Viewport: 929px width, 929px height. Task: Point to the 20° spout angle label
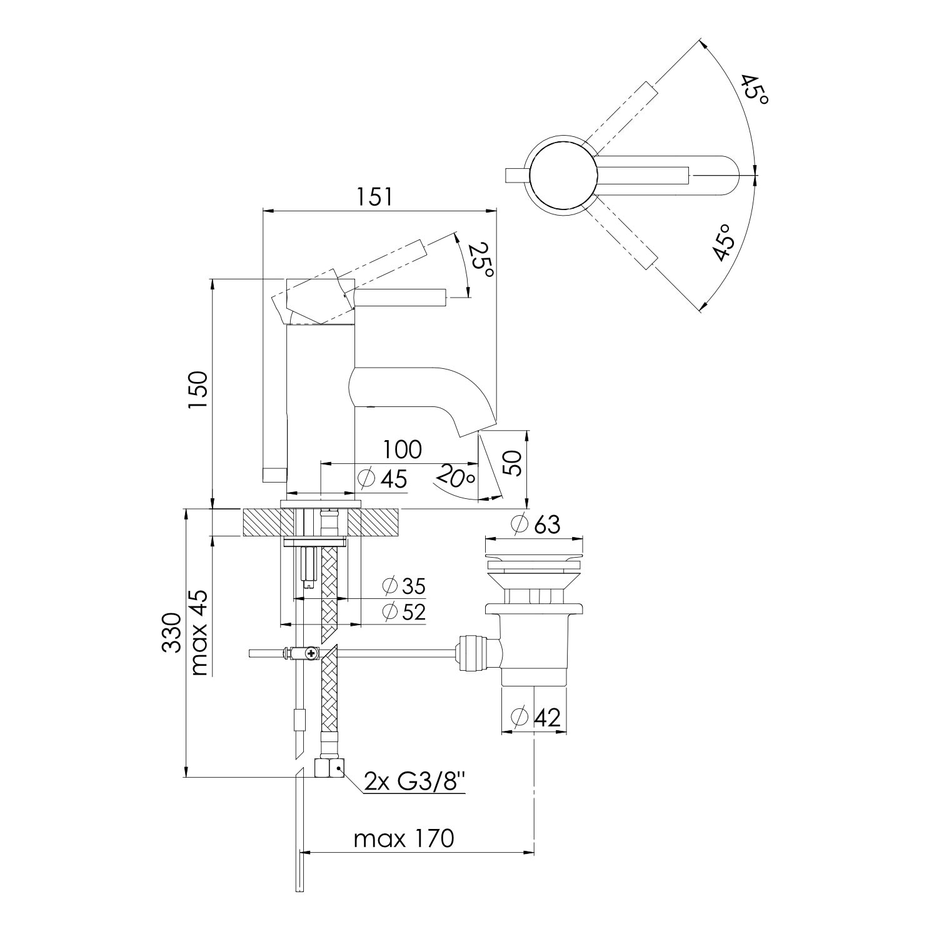tap(455, 478)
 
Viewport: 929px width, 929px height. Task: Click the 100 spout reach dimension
tap(403, 449)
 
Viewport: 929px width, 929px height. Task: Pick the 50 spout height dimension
tap(513, 463)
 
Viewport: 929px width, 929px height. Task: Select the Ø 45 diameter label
tap(383, 479)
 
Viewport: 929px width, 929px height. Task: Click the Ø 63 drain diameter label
tap(536, 524)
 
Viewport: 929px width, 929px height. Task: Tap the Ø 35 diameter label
tap(404, 586)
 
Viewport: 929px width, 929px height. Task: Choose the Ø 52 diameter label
tap(404, 611)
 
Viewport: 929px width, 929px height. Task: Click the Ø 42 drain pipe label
tap(535, 717)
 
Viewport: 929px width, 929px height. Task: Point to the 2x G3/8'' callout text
tap(414, 781)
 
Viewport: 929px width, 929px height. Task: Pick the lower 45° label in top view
tap(724, 243)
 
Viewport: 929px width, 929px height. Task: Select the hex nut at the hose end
tap(329, 767)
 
